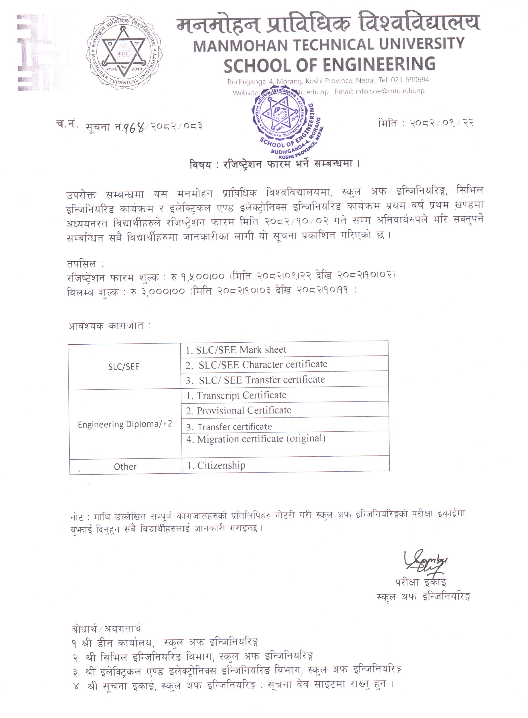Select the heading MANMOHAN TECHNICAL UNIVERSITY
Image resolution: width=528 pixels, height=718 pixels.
coord(328,44)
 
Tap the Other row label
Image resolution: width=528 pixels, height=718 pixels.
coord(125,467)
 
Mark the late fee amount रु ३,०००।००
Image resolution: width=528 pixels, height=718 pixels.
coord(157,291)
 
